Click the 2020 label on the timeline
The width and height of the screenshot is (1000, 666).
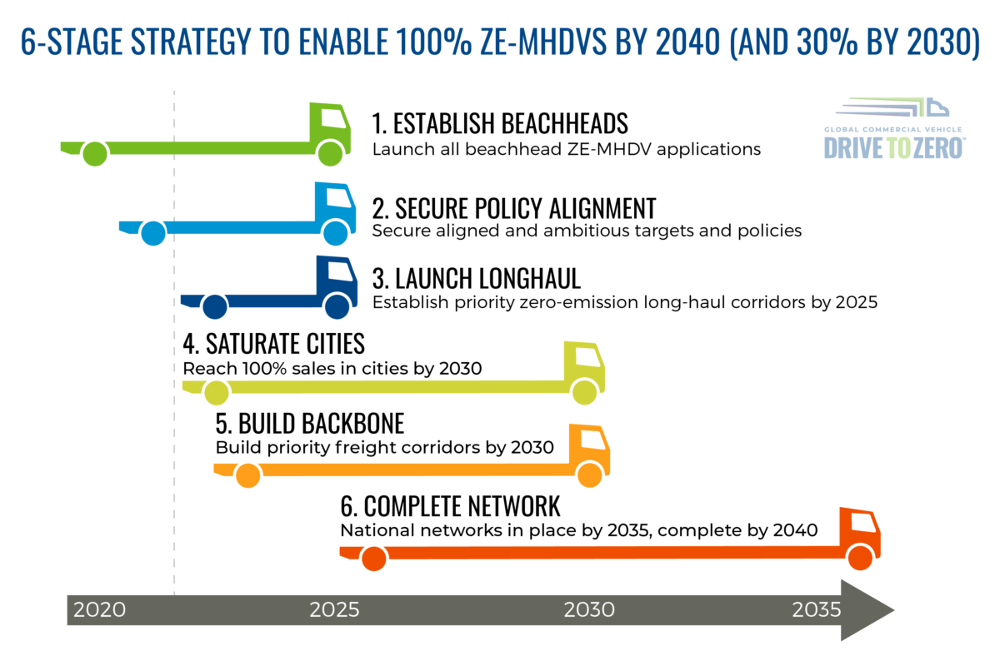click(x=99, y=609)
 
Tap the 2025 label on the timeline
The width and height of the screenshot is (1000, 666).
click(x=335, y=609)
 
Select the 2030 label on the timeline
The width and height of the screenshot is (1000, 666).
click(x=590, y=609)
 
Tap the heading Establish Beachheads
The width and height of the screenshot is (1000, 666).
click(x=499, y=124)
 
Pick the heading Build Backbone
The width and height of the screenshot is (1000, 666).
click(x=309, y=423)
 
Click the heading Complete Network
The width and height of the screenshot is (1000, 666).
click(x=450, y=505)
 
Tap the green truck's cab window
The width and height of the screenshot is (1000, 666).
click(x=334, y=118)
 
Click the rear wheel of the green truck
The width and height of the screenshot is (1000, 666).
click(x=96, y=154)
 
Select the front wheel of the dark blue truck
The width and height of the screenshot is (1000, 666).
click(x=337, y=306)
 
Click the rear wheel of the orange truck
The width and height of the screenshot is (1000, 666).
click(x=247, y=476)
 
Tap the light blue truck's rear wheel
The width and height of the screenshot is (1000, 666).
click(x=152, y=234)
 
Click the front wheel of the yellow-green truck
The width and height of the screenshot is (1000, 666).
click(x=586, y=390)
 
